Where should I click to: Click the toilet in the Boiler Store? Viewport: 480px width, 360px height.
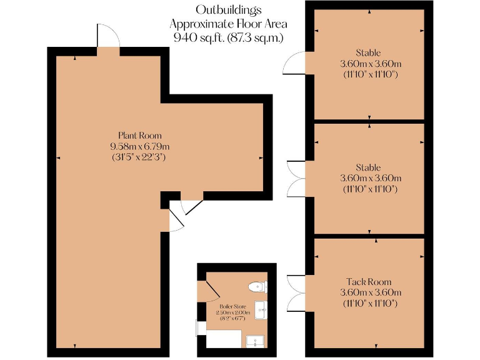click(x=257, y=287)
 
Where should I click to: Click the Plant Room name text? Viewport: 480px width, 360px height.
click(x=140, y=135)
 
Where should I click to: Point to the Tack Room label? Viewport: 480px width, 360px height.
click(x=370, y=282)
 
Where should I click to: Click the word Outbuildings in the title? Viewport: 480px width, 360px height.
click(x=228, y=9)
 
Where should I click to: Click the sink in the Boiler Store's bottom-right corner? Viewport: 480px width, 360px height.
click(x=256, y=341)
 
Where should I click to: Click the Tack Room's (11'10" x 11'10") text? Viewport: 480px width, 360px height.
click(x=370, y=303)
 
